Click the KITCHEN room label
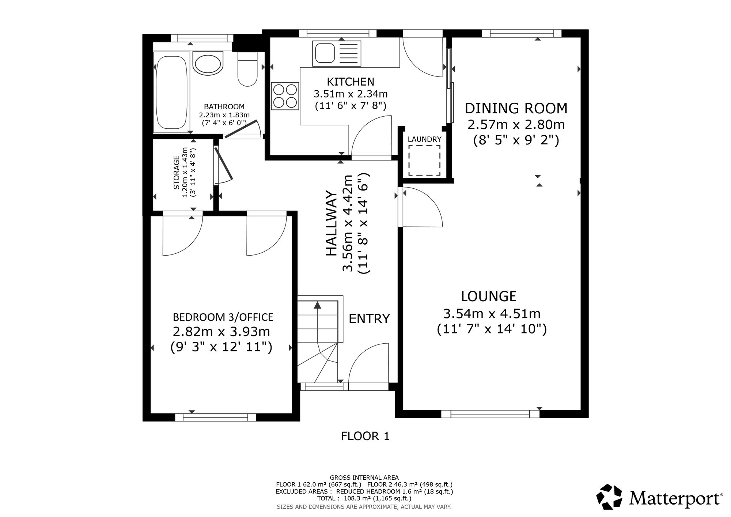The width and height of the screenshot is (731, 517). pyautogui.click(x=351, y=81)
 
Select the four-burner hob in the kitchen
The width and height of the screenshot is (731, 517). pyautogui.click(x=284, y=96)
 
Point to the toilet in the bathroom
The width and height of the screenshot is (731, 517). pyautogui.click(x=247, y=68)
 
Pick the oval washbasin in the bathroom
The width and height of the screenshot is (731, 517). pyautogui.click(x=208, y=63)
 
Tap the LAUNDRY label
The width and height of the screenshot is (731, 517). pyautogui.click(x=424, y=139)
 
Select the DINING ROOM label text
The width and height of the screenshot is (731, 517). pyautogui.click(x=516, y=109)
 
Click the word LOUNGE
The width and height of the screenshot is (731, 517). pyautogui.click(x=489, y=296)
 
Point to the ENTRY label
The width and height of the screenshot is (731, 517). pyautogui.click(x=369, y=319)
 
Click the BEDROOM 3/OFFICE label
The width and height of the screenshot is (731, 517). pyautogui.click(x=223, y=317)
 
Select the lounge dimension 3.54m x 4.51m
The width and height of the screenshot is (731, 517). pyautogui.click(x=492, y=314)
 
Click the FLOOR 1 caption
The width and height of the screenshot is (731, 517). pyautogui.click(x=365, y=436)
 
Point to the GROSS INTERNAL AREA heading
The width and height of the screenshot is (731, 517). pyautogui.click(x=364, y=478)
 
